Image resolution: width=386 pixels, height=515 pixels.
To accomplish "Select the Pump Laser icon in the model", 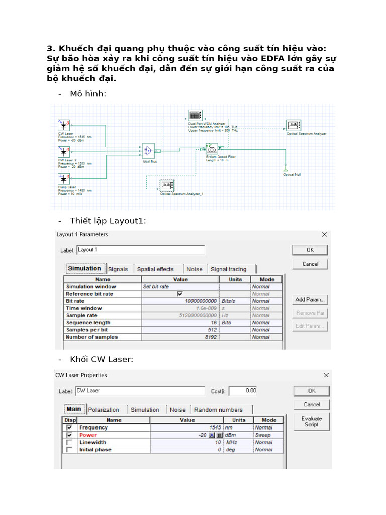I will tap(63, 178).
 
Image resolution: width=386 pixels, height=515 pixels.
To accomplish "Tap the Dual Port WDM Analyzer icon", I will tap(195, 115).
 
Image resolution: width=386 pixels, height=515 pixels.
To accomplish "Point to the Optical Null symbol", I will tap(285, 166).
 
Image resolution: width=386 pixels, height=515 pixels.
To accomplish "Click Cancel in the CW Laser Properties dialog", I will tap(312, 404).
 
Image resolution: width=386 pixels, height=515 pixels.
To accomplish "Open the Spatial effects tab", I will tap(155, 269).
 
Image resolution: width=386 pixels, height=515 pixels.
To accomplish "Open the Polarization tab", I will tap(104, 410).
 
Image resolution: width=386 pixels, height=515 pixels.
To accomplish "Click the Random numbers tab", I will tap(218, 410).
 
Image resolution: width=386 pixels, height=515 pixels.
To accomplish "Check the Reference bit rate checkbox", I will tap(180, 294).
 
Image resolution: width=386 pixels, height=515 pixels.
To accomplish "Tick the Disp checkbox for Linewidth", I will tap(69, 442).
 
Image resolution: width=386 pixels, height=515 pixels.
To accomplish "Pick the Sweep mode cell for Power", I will tap(263, 435).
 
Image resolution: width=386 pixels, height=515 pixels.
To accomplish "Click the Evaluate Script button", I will tap(312, 421).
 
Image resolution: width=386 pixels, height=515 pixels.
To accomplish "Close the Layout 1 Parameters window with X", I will tap(325, 234).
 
